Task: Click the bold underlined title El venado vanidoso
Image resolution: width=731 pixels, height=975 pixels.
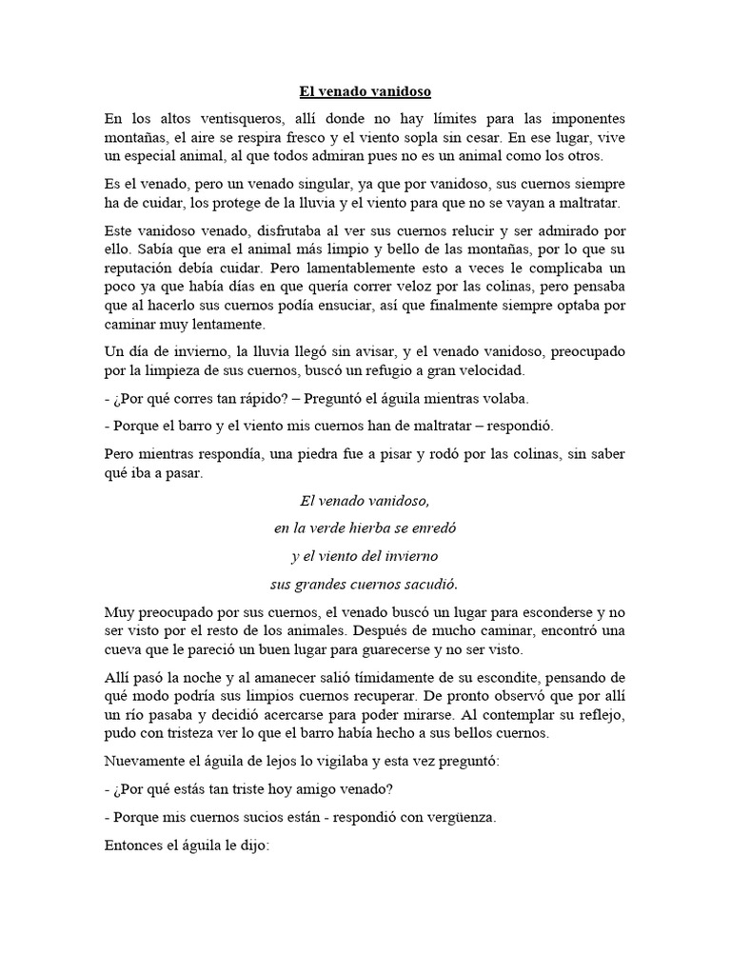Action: (365, 91)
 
